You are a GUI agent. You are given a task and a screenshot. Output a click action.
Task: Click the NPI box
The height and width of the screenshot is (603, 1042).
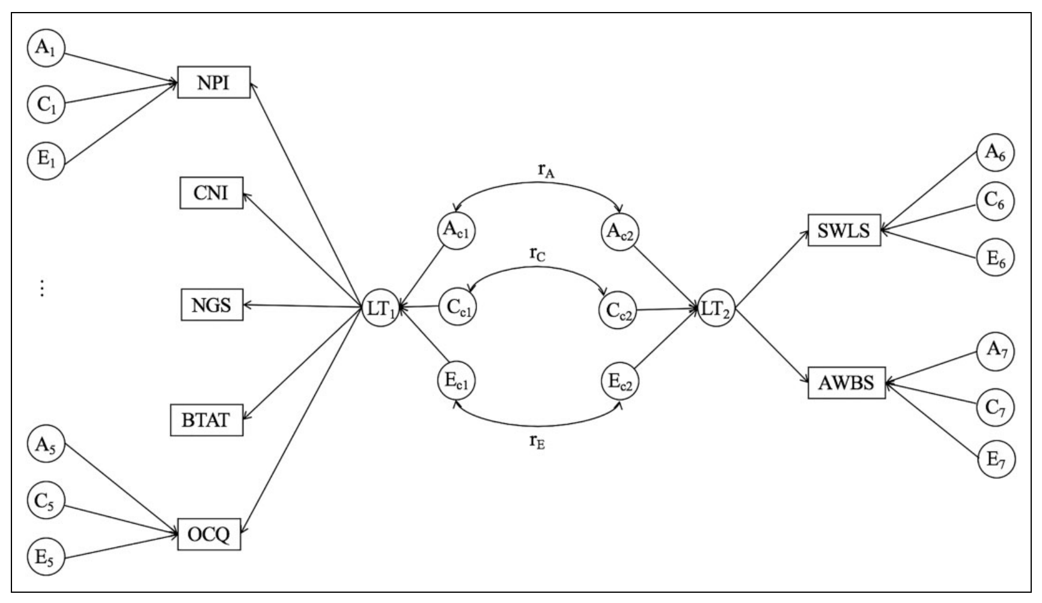point(214,82)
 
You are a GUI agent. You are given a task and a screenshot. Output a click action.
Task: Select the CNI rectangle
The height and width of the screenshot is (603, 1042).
point(212,193)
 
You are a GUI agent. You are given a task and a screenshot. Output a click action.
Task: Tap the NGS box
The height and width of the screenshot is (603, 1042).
point(212,305)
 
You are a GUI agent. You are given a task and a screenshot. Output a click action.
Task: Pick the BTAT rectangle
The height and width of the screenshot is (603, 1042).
point(207,420)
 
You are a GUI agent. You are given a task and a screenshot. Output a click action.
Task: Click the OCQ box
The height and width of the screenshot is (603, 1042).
point(209,533)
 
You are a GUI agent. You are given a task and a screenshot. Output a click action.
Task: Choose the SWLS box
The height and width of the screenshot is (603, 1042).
point(844,230)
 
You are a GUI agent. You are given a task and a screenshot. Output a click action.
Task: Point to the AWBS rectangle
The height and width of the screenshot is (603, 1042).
point(846,382)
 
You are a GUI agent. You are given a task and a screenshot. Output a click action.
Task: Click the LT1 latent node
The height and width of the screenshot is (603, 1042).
point(381,309)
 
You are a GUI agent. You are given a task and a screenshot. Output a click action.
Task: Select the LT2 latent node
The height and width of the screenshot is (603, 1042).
point(717,309)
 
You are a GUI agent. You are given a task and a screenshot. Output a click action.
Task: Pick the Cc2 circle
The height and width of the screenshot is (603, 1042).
point(618,310)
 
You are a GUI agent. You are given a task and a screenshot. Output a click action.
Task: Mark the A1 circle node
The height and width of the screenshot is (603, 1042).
point(46,48)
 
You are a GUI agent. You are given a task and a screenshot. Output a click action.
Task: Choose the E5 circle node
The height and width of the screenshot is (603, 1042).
point(46,557)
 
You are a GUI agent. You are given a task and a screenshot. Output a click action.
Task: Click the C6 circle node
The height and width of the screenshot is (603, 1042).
point(995,201)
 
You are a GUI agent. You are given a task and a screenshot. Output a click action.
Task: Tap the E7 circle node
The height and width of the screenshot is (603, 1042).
point(995,460)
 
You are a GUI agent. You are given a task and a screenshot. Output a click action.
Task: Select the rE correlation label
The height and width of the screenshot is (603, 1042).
point(537,442)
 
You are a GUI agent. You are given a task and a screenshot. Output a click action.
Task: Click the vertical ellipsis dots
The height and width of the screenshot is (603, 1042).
point(42,289)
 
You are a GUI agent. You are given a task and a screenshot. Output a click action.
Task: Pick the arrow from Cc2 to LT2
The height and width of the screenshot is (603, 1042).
point(667,310)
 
